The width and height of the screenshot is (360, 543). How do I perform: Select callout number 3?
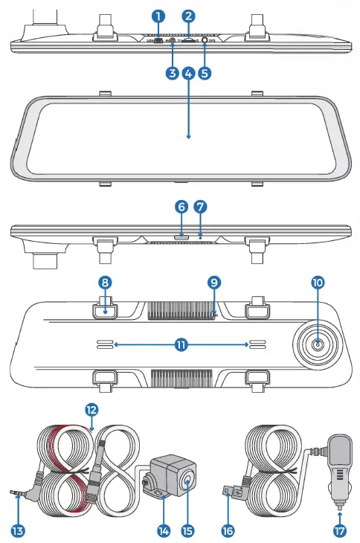tap(173, 74)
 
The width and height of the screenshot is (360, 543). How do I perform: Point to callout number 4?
tap(189, 74)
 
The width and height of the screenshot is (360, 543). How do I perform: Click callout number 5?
tap(205, 74)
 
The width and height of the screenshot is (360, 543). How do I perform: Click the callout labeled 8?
tap(106, 283)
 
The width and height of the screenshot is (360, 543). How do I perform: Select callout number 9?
tap(214, 283)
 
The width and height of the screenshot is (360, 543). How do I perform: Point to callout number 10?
tap(318, 283)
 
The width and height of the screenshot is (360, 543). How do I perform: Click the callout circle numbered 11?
tap(181, 344)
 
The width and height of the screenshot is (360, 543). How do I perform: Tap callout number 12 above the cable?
tap(91, 410)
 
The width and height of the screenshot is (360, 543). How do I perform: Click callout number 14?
tap(164, 530)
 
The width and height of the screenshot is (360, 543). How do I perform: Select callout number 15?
tap(188, 530)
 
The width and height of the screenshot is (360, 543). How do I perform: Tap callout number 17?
tap(340, 530)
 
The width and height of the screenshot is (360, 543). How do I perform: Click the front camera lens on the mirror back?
tap(318, 344)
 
